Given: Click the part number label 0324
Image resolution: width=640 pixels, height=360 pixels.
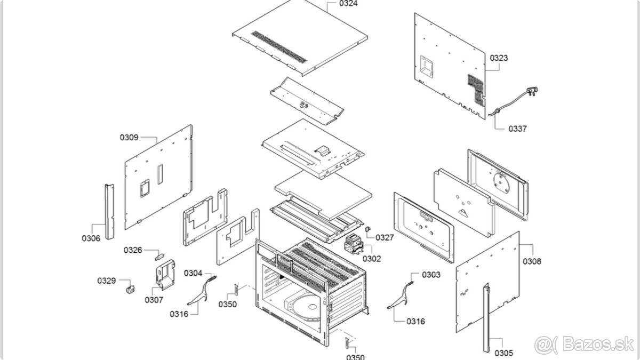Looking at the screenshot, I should click(349, 4).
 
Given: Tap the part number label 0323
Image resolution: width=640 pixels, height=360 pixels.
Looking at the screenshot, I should click(499, 58).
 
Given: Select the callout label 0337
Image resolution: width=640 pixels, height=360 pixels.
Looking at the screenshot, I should click(517, 129).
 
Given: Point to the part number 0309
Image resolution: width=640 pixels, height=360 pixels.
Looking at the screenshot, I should click(129, 137).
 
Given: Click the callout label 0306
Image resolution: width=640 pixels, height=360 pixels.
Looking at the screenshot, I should click(91, 238).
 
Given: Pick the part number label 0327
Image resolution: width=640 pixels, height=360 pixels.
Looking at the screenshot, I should click(385, 237).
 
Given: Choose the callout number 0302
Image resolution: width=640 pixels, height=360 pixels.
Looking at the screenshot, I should click(372, 259).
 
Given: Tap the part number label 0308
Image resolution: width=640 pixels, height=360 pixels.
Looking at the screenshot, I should click(532, 261).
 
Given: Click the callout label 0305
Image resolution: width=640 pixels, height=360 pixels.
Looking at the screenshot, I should click(503, 353).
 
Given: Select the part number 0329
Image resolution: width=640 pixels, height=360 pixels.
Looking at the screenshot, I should click(106, 281).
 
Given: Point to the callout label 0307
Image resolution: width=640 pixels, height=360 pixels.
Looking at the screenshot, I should click(154, 300).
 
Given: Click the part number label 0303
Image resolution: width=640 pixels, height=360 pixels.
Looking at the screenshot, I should click(431, 275).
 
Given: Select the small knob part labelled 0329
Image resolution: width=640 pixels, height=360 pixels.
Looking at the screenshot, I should click(128, 289).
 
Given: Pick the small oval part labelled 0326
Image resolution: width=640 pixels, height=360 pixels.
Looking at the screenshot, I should click(158, 257).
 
